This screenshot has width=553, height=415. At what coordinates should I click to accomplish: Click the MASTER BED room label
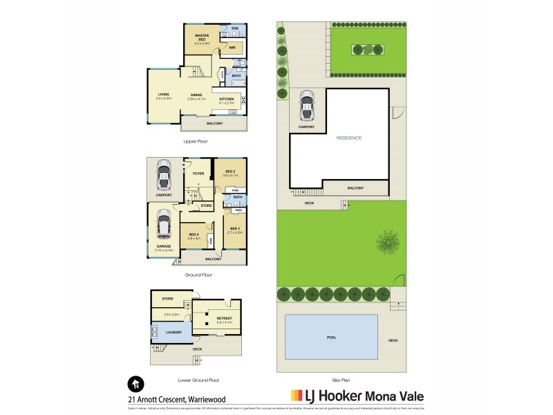point(202,35)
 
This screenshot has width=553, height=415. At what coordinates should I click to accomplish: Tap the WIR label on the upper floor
point(233,48)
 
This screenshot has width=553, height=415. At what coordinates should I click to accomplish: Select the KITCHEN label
point(227,100)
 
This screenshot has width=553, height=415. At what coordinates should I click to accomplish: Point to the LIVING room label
point(163,95)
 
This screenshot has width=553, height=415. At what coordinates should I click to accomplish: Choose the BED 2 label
point(229,172)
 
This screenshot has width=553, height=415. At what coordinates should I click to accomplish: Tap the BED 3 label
point(235,229)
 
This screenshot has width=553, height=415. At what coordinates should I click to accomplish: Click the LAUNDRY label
point(174,333)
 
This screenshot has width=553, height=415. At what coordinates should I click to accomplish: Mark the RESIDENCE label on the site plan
point(348,138)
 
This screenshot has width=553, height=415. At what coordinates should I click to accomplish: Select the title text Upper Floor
point(196,141)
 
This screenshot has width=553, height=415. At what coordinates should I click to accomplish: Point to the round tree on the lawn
point(388,242)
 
